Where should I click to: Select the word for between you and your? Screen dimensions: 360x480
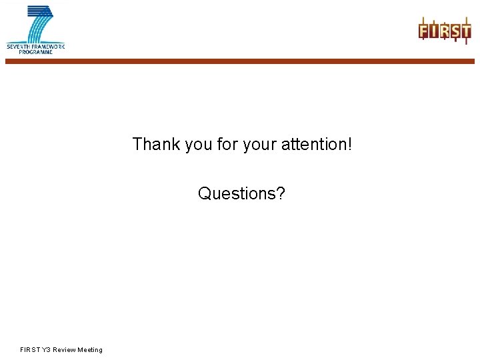tap(227, 144)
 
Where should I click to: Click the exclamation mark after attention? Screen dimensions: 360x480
tap(349, 144)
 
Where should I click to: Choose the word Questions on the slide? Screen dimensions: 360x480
tap(237, 194)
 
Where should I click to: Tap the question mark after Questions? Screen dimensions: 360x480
tap(281, 194)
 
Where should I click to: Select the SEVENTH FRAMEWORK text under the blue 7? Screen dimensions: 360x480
tap(35, 46)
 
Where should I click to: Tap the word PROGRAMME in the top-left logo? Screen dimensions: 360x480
tap(35, 51)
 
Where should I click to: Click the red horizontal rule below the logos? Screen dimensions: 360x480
tap(240, 61)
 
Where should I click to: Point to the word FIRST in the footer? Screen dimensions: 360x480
tap(31, 350)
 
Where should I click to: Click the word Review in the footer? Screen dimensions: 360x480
tap(65, 350)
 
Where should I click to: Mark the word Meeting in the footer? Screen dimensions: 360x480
tap(90, 350)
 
